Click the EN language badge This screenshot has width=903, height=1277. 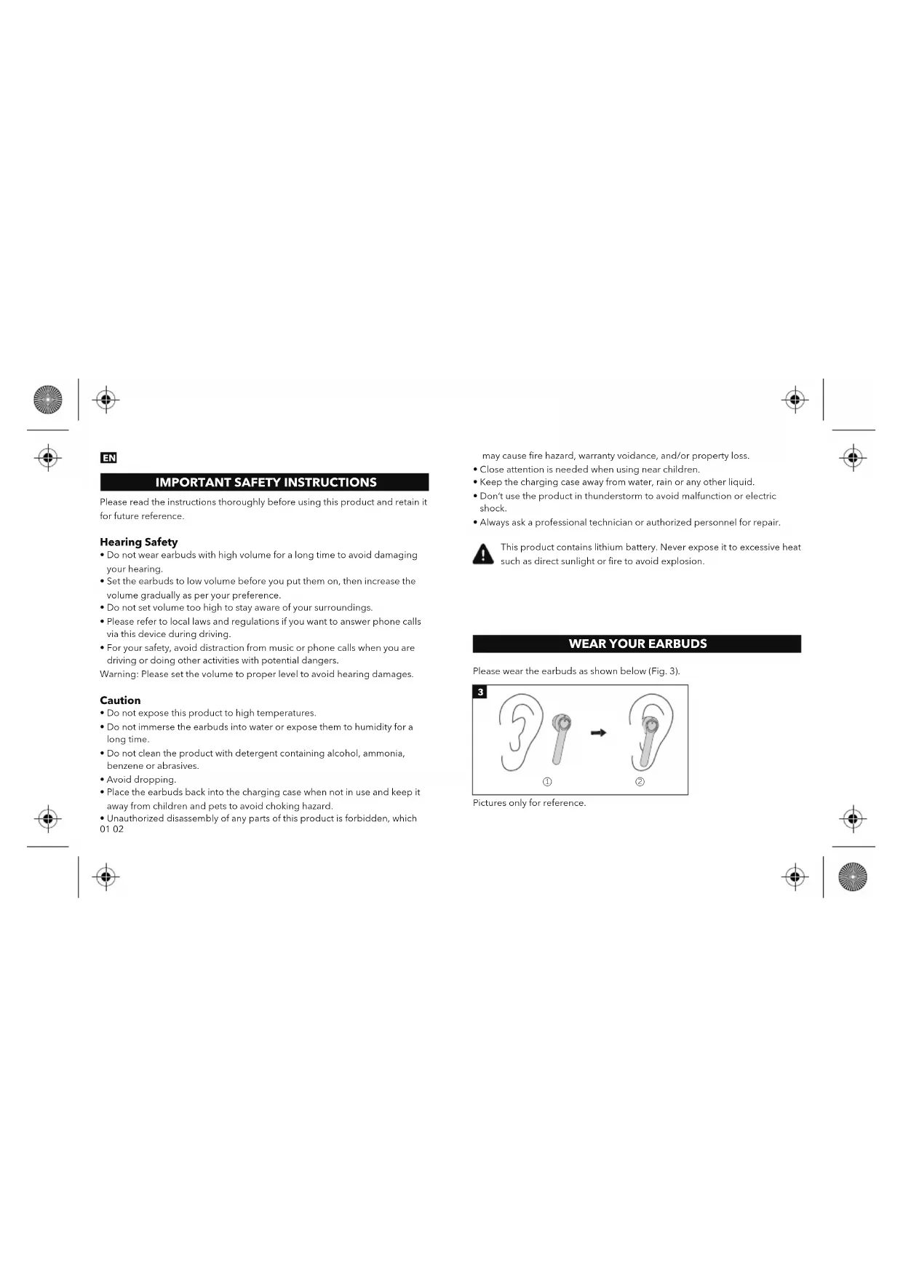[108, 458]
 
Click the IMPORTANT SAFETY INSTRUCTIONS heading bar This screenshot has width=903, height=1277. [265, 482]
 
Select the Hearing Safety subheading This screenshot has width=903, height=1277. [138, 542]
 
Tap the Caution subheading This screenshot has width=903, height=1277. [120, 700]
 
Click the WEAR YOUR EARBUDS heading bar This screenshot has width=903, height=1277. [637, 644]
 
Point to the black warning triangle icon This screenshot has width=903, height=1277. [483, 555]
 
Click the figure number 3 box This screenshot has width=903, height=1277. [480, 692]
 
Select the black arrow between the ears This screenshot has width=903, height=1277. [598, 733]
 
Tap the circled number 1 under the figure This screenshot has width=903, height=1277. [547, 782]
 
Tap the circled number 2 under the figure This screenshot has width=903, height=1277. [640, 782]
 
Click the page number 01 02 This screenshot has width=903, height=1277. [112, 829]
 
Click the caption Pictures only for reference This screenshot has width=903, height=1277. [529, 803]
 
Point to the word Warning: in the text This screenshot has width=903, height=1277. [119, 674]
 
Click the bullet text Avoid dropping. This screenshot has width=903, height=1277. [141, 780]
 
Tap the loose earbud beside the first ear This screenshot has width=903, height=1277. [560, 736]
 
